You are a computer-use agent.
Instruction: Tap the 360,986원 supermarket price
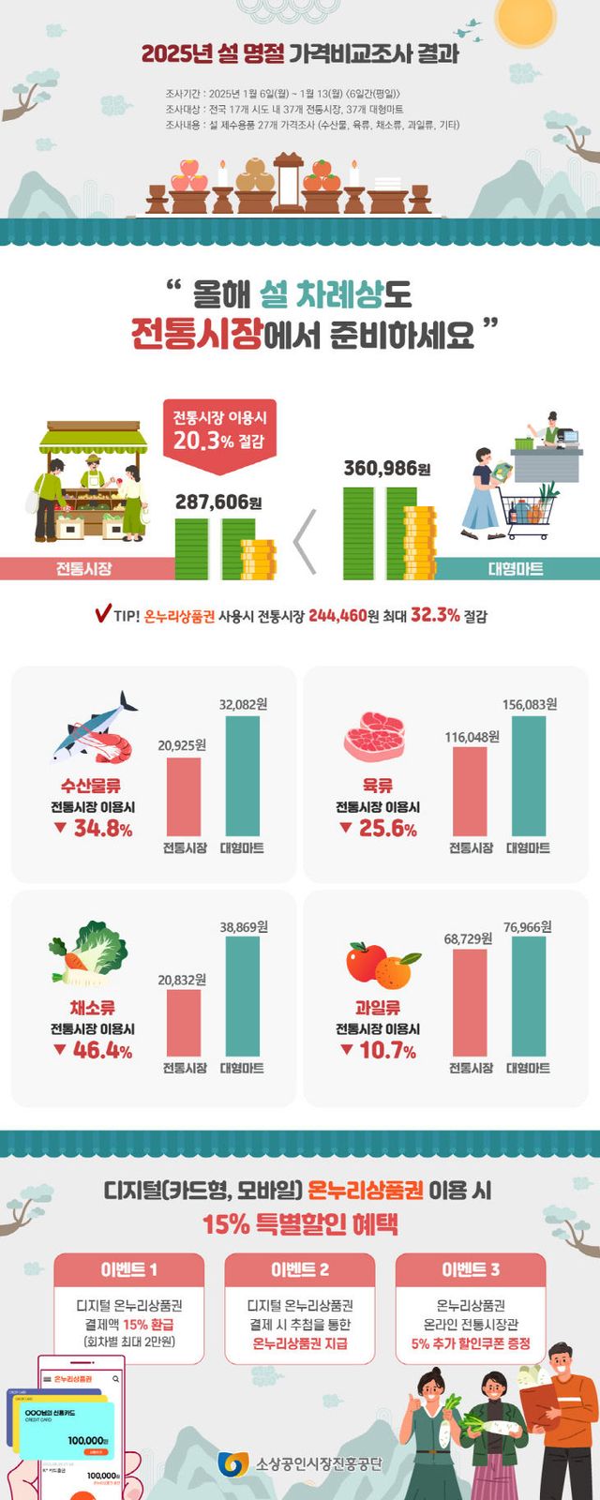click(386, 468)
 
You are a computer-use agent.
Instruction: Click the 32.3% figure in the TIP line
click(435, 615)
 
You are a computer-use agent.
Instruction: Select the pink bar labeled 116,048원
click(470, 791)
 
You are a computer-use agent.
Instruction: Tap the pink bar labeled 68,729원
click(470, 1003)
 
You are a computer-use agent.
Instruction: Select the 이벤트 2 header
click(300, 1269)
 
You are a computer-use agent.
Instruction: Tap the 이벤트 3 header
click(471, 1269)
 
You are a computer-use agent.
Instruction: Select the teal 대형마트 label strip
click(517, 568)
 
